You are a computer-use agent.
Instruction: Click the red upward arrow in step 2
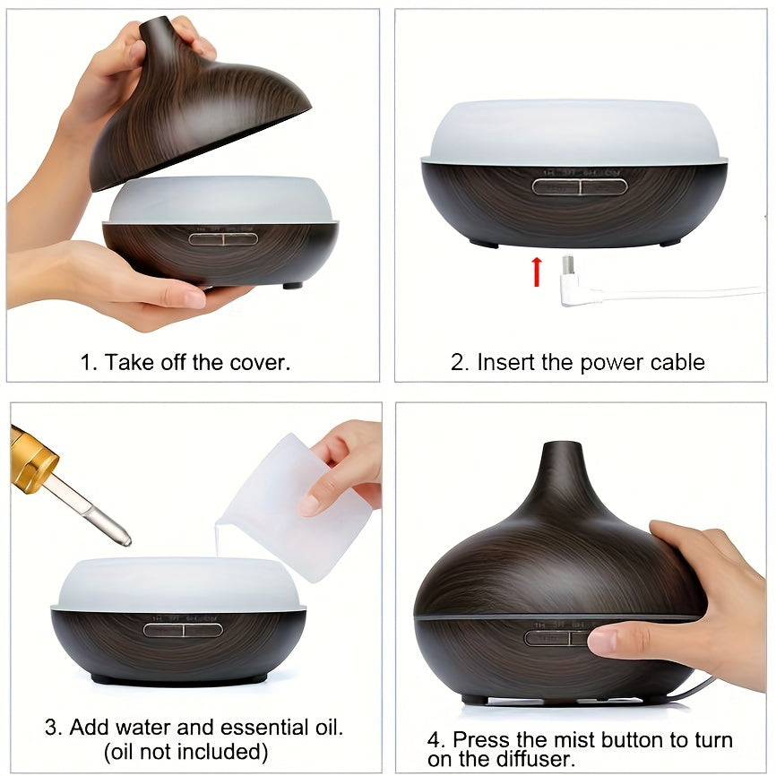coord(537,272)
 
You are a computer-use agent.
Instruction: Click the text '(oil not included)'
coord(185,751)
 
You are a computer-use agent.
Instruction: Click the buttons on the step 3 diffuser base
coord(183,629)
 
